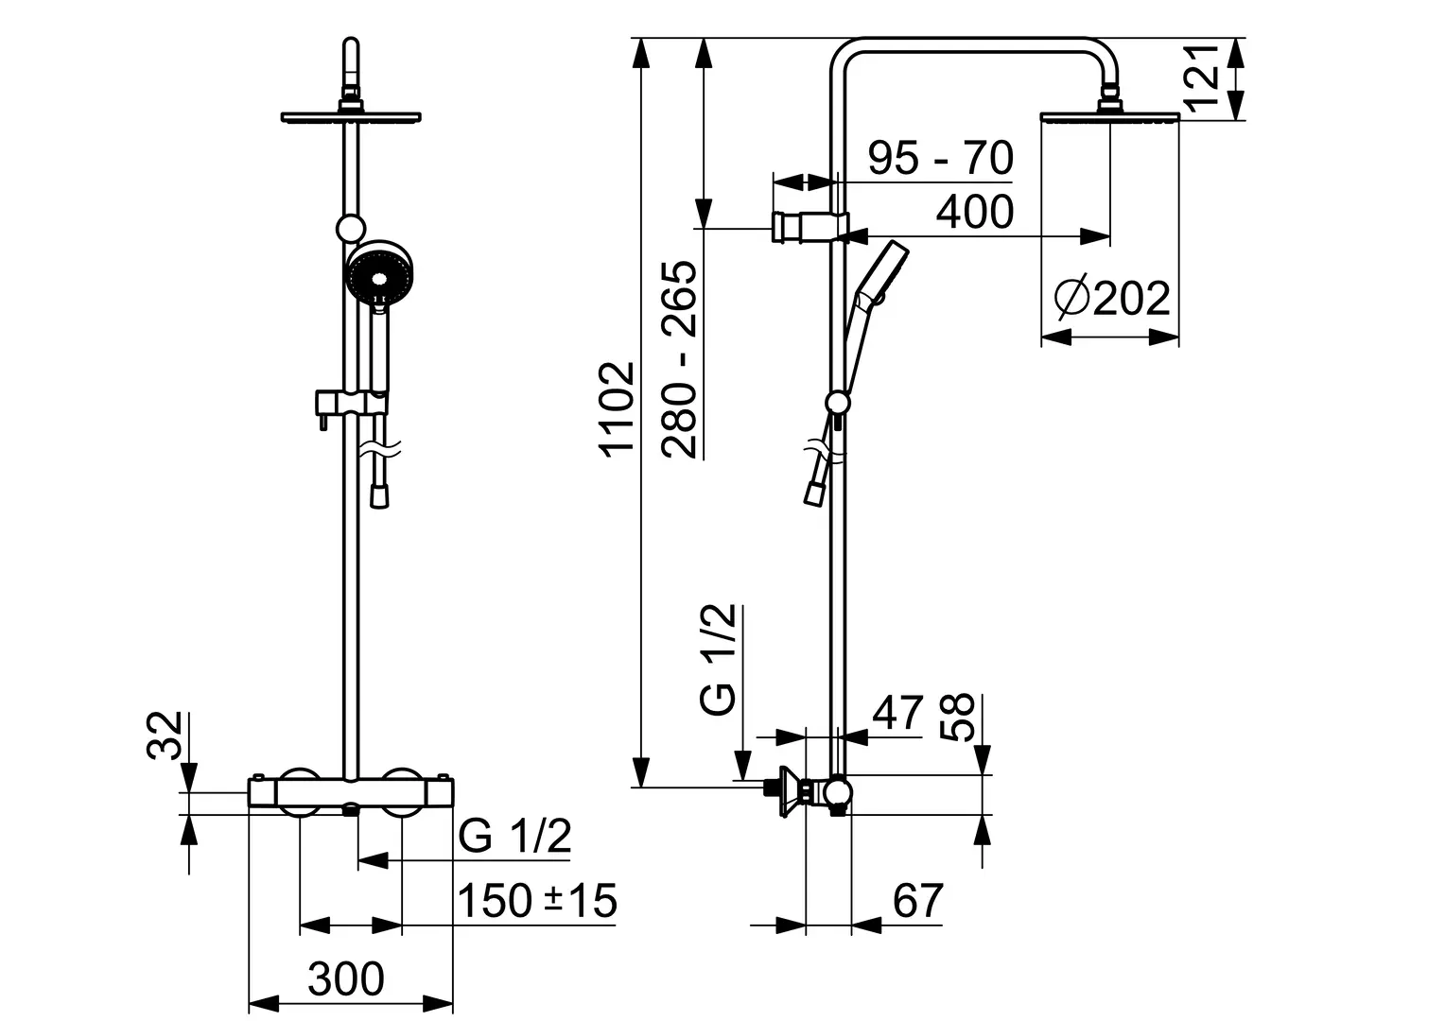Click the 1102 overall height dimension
(618, 410)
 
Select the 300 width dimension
(346, 978)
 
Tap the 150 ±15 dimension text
(537, 900)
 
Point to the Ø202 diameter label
(1112, 298)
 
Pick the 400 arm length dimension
(975, 212)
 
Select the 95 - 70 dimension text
(941, 157)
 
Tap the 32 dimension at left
(165, 735)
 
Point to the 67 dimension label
(918, 900)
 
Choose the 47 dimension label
(897, 713)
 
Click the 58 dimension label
(957, 718)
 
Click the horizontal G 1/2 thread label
(514, 836)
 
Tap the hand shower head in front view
(379, 271)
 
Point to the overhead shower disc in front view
(351, 117)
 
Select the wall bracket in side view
(810, 227)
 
